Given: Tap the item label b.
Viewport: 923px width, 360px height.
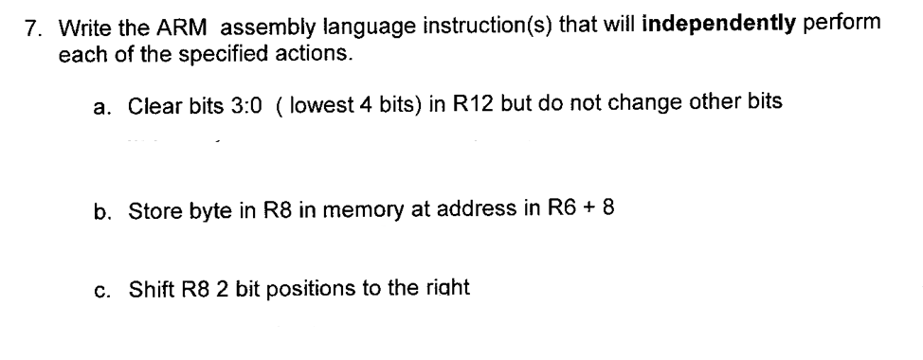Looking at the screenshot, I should click(x=100, y=209).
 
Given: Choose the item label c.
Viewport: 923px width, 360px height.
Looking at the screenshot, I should click(x=100, y=287).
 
